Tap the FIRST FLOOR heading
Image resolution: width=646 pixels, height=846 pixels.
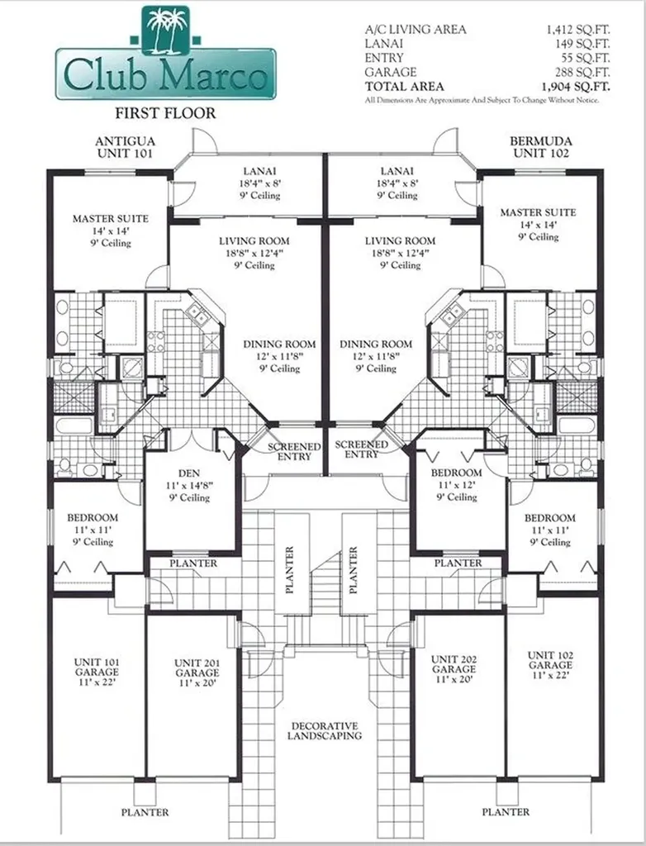point(164,114)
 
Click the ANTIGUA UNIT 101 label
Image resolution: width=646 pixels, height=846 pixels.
point(125,147)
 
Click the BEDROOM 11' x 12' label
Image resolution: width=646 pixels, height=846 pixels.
point(456,485)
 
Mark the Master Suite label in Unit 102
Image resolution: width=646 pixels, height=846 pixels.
point(538,224)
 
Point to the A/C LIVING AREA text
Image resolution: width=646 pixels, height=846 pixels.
point(416,30)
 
